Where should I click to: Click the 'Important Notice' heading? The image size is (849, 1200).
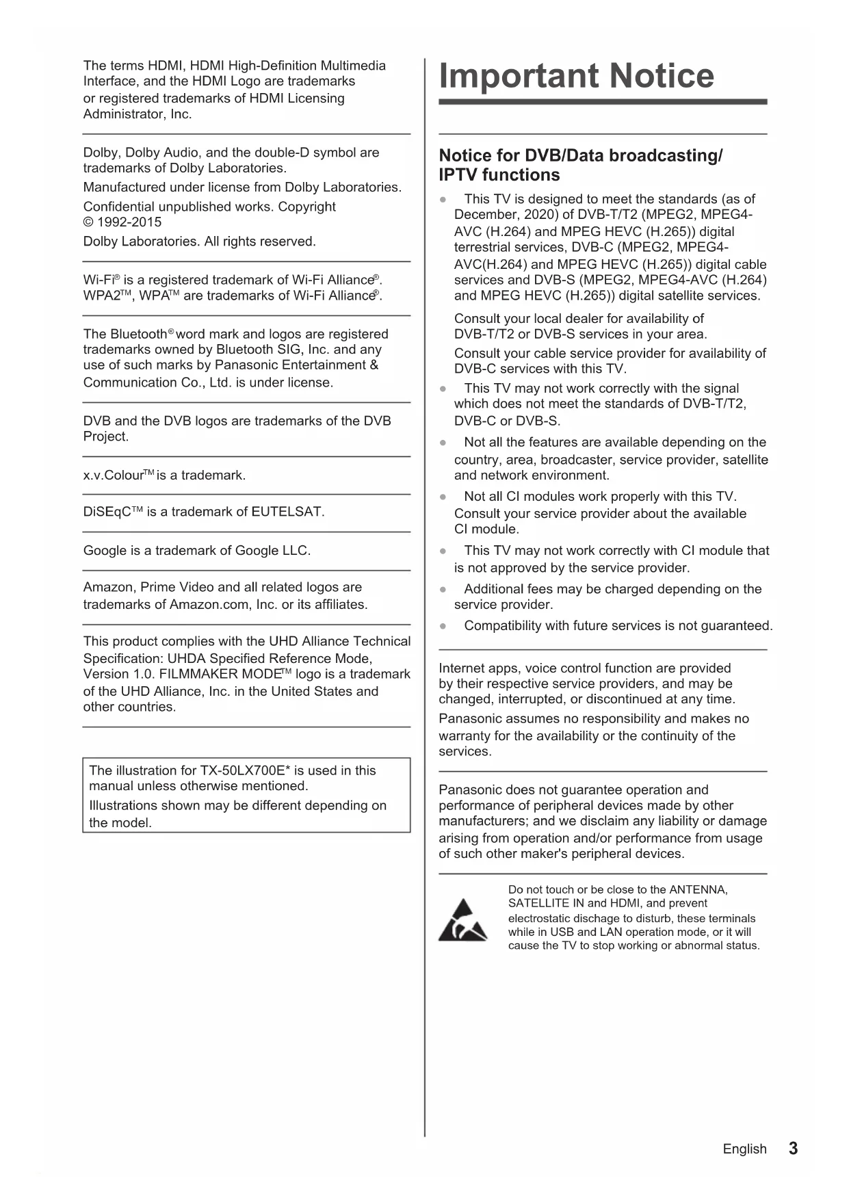pyautogui.click(x=576, y=76)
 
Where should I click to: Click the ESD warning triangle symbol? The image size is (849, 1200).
pyautogui.click(x=463, y=921)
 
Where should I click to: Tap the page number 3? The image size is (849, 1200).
pyautogui.click(x=793, y=1149)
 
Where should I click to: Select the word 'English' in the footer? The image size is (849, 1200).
pyautogui.click(x=744, y=1149)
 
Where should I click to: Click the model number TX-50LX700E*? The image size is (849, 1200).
pyautogui.click(x=252, y=770)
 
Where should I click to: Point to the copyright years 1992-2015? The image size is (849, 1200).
pyautogui.click(x=129, y=222)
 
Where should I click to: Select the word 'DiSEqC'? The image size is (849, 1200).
pyautogui.click(x=107, y=512)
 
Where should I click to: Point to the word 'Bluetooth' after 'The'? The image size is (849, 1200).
pyautogui.click(x=138, y=335)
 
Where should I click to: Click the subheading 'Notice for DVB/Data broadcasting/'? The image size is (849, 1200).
pyautogui.click(x=580, y=156)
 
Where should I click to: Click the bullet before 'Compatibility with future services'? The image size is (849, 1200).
pyautogui.click(x=443, y=626)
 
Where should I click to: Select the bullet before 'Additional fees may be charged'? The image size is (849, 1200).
pyautogui.click(x=443, y=589)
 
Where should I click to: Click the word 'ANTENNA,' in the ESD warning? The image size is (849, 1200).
pyautogui.click(x=698, y=890)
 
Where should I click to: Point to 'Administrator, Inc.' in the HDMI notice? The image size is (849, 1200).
pyautogui.click(x=138, y=114)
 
